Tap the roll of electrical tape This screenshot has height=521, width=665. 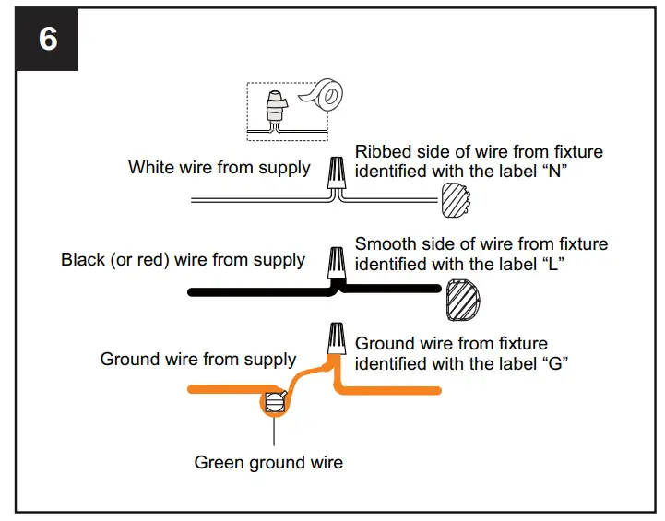point(324,98)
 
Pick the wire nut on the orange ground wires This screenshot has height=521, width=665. point(335,340)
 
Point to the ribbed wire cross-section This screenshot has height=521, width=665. point(457,200)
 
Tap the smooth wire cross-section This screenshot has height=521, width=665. point(464,301)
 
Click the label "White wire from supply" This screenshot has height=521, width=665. point(219,168)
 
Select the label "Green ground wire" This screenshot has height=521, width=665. point(268,462)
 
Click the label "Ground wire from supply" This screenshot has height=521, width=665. point(198,359)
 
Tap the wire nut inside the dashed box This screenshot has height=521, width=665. point(273,108)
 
